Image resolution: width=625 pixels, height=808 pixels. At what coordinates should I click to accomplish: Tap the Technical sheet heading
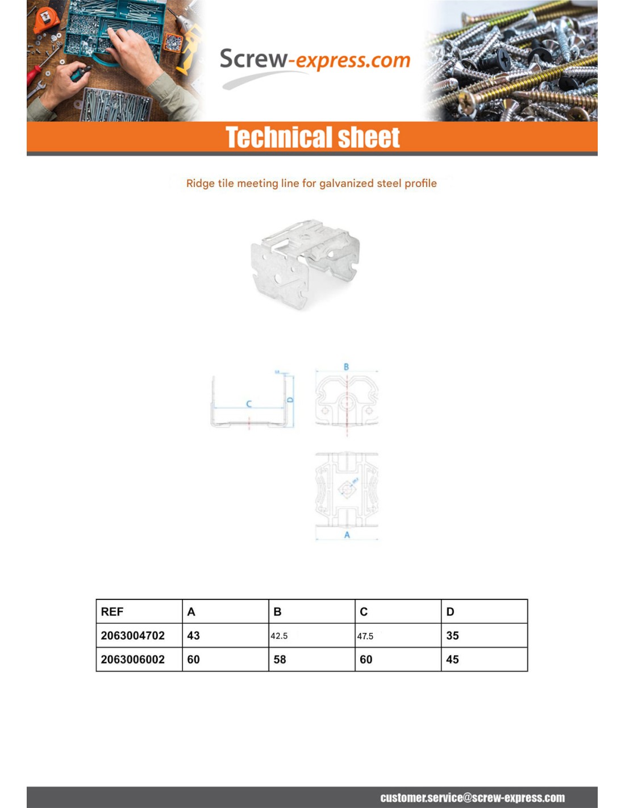coord(312,138)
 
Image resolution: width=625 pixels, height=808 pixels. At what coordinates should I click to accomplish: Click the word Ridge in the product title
coord(200,184)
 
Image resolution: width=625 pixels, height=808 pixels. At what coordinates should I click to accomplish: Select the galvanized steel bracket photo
coord(305,264)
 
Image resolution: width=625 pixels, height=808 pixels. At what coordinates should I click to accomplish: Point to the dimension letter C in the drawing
coord(249,404)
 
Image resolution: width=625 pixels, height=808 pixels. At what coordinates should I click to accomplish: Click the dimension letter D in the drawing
coord(290,399)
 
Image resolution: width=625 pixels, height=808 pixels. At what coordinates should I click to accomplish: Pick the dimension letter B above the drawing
coord(346,367)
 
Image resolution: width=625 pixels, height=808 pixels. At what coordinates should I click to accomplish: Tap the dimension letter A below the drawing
coord(347,535)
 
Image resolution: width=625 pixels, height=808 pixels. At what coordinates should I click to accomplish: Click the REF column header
coord(112,612)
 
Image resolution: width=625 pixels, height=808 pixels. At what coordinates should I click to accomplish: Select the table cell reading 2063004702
coord(132,636)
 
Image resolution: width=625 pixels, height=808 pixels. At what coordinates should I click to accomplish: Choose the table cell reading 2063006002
coord(132,660)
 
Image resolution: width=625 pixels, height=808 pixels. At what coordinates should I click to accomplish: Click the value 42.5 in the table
coord(279,636)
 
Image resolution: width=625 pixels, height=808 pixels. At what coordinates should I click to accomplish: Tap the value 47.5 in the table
coord(365,636)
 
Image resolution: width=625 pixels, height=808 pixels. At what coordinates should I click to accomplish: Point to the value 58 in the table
coord(280,660)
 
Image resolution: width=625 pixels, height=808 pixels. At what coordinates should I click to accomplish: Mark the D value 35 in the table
coord(452,636)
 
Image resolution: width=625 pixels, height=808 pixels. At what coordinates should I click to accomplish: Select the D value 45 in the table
coord(452,660)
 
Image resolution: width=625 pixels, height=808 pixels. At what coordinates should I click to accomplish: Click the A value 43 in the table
coord(193,636)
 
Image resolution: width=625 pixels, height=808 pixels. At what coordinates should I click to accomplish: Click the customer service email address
coord(472,798)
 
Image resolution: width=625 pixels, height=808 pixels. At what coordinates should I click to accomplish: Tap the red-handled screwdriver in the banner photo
coord(36,74)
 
